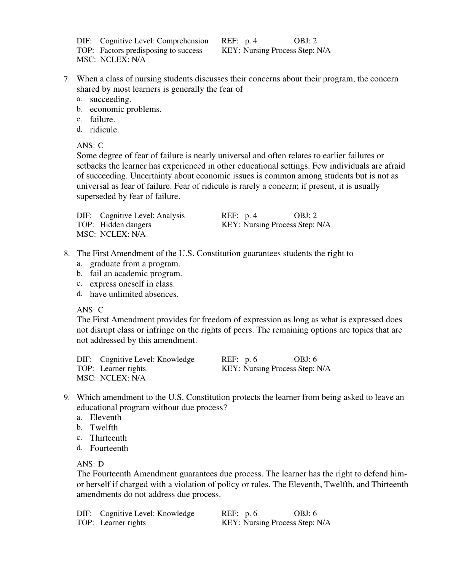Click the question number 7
click(x=67, y=79)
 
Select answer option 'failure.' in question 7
click(x=102, y=119)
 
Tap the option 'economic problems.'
click(x=125, y=110)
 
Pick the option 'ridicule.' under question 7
click(x=104, y=130)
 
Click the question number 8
click(x=67, y=254)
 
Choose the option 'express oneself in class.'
click(x=132, y=284)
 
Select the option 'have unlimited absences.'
click(x=134, y=294)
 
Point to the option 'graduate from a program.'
click(x=135, y=264)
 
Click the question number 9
click(x=67, y=398)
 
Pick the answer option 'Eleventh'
click(x=105, y=417)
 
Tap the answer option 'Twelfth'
click(x=104, y=428)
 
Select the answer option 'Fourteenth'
click(x=109, y=448)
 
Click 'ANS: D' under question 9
click(x=90, y=464)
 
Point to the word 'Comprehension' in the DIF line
click(x=182, y=41)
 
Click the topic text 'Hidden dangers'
click(x=125, y=225)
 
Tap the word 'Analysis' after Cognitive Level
click(x=169, y=216)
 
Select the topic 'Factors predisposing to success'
click(x=151, y=51)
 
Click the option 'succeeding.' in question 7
click(x=110, y=99)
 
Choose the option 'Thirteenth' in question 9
click(x=108, y=438)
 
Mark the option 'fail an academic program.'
click(x=136, y=274)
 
